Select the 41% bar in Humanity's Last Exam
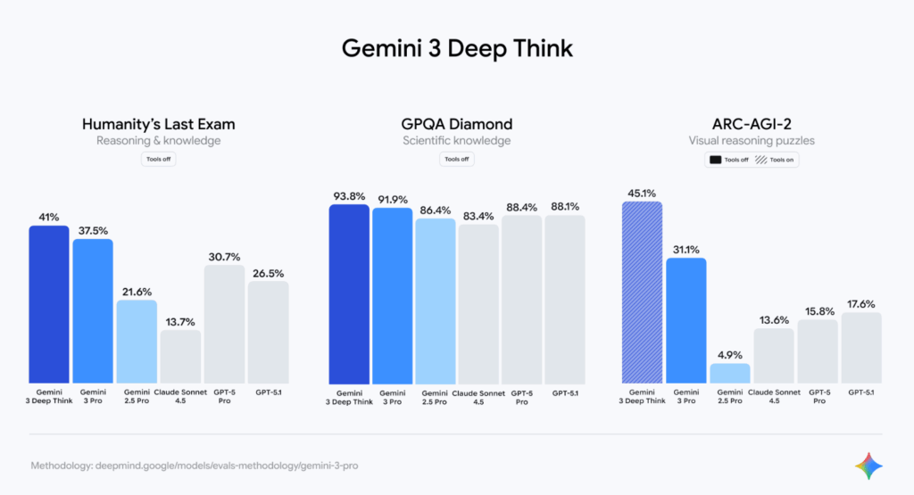(48, 303)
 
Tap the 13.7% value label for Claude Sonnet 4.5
(179, 321)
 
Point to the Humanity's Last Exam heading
(158, 124)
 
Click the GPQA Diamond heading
(456, 124)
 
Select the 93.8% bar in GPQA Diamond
(349, 293)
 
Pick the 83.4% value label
(478, 215)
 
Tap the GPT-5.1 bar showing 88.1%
(565, 299)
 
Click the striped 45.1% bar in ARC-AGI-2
(642, 292)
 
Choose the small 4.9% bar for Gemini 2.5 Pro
(729, 373)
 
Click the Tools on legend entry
(775, 160)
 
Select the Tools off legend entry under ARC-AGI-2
(727, 160)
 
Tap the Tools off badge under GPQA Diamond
(456, 160)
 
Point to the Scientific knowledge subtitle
(456, 141)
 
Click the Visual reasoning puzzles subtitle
(752, 141)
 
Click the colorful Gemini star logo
(868, 466)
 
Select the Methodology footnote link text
(195, 466)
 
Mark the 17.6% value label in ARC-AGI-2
(860, 303)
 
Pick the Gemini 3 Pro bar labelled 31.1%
(685, 320)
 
